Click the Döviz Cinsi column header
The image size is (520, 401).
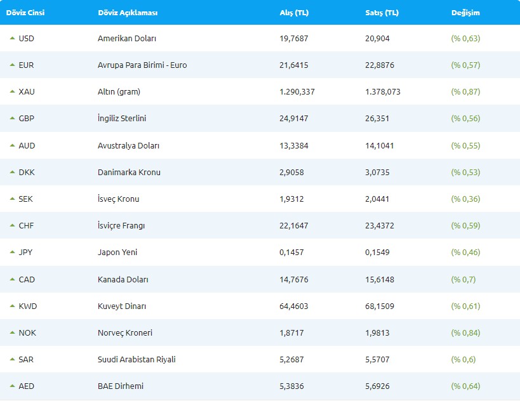coord(25,13)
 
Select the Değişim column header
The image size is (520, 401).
coord(465,13)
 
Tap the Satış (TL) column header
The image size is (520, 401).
coord(382,13)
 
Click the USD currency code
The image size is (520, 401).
coord(27,38)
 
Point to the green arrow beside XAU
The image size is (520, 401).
coord(12,91)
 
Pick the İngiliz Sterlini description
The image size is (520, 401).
coord(122,119)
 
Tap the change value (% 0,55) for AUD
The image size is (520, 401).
coord(465,145)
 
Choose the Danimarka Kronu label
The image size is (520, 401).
coord(129,172)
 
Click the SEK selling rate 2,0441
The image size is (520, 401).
coord(378,199)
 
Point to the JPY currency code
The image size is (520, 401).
coord(26,252)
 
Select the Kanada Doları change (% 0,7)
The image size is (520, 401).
coord(463,279)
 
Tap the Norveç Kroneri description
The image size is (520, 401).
coord(125,332)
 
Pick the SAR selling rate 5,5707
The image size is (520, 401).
coord(378,359)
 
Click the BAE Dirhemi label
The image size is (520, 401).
coord(121,386)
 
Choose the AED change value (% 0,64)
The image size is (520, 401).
coord(465,386)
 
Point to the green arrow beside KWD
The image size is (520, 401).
coord(12,306)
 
